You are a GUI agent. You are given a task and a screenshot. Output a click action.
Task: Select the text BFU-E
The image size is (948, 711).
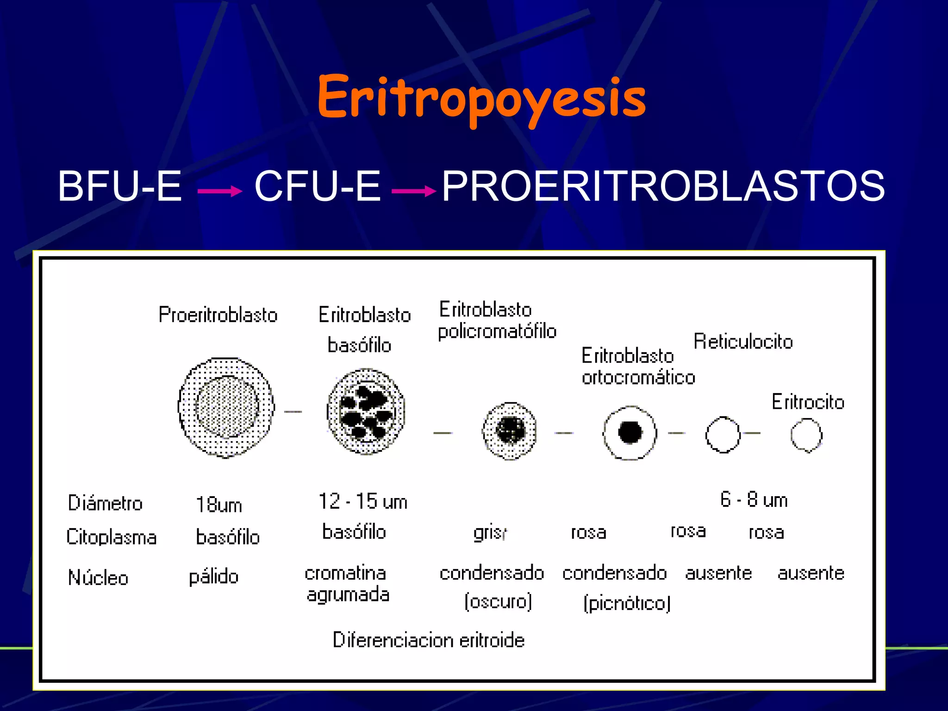point(119,186)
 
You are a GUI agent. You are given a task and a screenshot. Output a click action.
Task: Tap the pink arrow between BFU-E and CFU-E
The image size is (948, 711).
point(219,191)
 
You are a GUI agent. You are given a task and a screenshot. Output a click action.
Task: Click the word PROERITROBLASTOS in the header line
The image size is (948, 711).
point(663,186)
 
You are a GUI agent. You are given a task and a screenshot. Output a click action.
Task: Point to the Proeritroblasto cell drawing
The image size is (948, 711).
point(226,407)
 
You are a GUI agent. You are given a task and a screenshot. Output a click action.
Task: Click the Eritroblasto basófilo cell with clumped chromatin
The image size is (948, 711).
point(366,411)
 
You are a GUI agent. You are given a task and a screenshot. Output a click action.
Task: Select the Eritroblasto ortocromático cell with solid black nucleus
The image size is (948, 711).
point(630,433)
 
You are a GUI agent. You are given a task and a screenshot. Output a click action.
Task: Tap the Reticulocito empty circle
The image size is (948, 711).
point(722,434)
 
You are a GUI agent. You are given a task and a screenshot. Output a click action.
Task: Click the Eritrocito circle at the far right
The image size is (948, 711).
point(806,435)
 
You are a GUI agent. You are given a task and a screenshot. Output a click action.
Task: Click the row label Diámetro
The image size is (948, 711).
point(105,503)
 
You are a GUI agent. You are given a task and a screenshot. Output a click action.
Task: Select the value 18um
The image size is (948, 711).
point(218,505)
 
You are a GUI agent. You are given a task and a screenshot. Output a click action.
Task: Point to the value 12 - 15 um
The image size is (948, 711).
point(363,502)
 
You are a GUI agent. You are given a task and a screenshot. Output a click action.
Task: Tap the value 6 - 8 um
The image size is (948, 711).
point(754,500)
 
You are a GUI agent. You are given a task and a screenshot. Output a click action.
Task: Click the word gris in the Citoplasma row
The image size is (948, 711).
point(490,533)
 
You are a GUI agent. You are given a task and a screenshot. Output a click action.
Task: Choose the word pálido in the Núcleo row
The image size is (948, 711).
point(213,577)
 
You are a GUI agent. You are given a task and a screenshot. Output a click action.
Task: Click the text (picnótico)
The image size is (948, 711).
point(627,603)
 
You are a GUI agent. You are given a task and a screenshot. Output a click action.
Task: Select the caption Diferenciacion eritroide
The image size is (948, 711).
point(429,640)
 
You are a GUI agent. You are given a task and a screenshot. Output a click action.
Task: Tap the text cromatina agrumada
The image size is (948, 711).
point(347,584)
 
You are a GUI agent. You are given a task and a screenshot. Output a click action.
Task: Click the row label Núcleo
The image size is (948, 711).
point(98,578)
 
